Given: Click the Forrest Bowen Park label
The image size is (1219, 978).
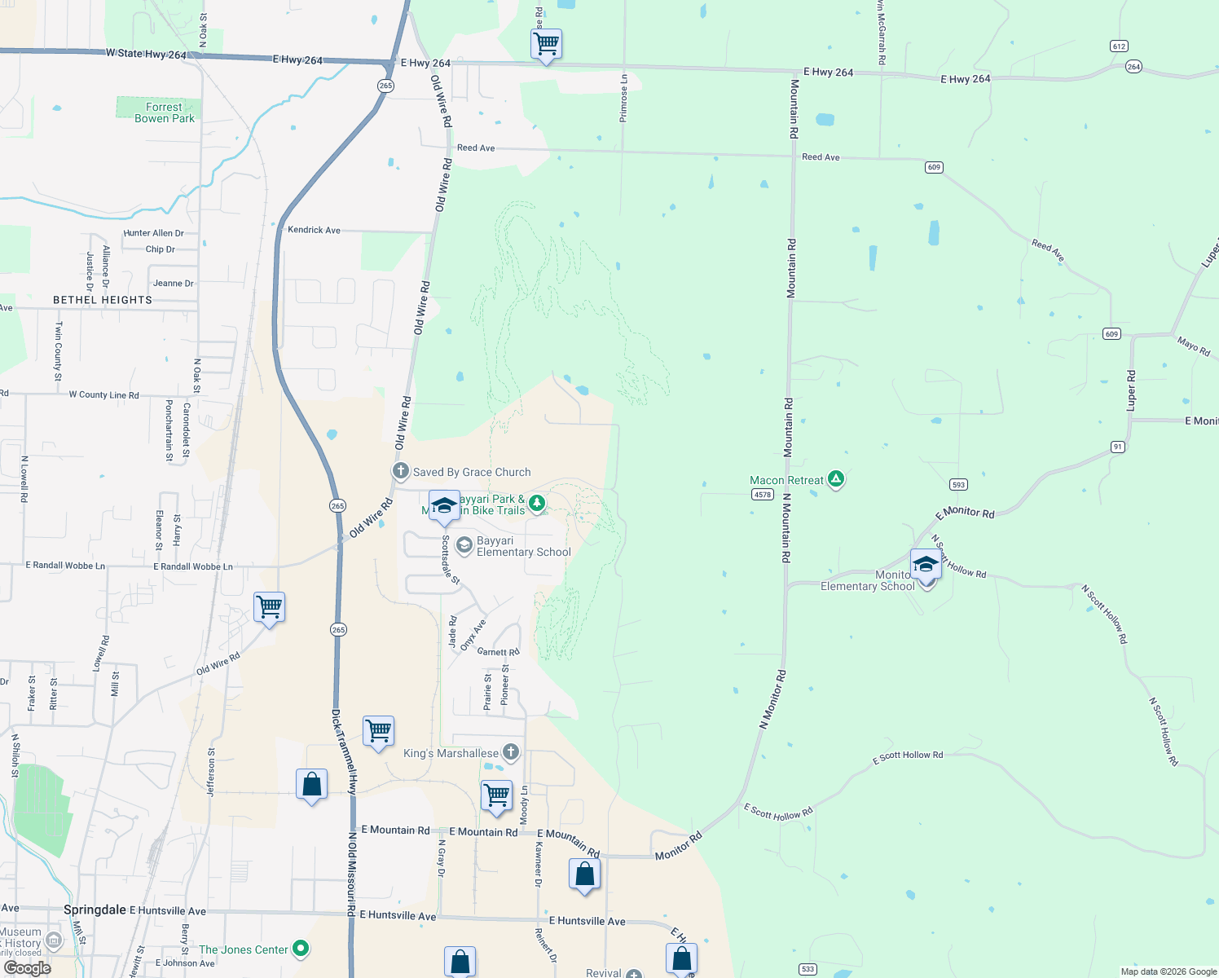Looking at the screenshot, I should point(165,112).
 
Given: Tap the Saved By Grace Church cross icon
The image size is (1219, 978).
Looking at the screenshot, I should point(401,471).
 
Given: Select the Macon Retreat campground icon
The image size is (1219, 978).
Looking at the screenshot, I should point(836,479).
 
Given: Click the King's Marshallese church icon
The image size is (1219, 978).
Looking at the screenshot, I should point(511,752).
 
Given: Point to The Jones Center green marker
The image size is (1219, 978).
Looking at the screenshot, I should point(301,949).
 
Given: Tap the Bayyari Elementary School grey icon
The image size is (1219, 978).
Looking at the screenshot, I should point(464,545).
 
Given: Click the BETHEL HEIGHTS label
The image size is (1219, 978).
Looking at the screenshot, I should point(103,300).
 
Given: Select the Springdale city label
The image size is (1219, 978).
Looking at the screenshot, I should point(95,910).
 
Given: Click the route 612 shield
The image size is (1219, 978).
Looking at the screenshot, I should point(1119,46).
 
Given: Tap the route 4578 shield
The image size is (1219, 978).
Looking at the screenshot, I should point(762,495).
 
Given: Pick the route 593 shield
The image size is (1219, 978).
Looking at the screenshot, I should point(958,485).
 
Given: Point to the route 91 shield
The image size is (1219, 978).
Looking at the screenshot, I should point(1118,447).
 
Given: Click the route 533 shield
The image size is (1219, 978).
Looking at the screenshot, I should point(808,969).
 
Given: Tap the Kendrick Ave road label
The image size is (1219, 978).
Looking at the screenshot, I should point(314,231).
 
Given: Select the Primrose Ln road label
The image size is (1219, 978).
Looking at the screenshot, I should point(624,99).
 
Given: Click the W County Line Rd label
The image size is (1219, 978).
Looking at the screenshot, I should point(103,395).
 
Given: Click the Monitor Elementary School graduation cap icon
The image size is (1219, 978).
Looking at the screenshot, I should point(926,564).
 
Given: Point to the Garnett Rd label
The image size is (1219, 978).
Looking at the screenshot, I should point(498,652).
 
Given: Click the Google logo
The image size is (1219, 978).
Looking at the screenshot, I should point(27,968).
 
